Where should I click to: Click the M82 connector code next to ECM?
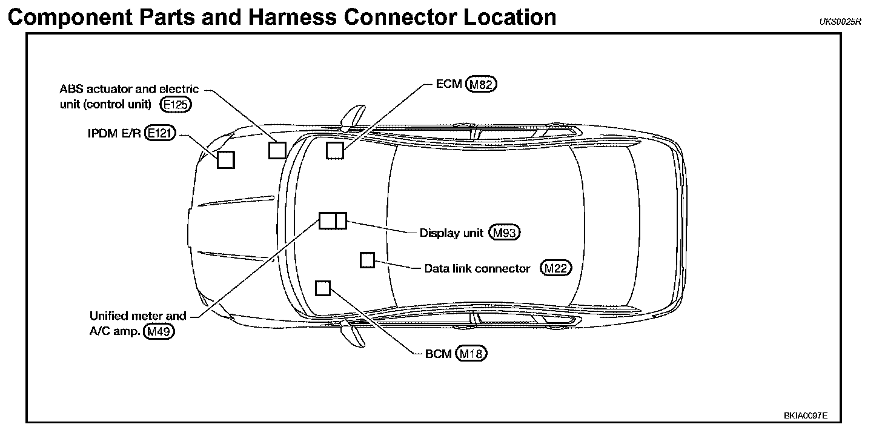click(482, 85)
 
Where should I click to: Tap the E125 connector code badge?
click(176, 104)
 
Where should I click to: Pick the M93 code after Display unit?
click(505, 233)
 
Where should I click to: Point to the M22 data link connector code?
click(556, 268)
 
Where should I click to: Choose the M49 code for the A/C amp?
click(159, 331)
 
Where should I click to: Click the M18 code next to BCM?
click(472, 354)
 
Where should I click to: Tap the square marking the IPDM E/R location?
click(226, 159)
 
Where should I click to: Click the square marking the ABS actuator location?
click(277, 150)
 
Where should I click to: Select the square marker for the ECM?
click(335, 150)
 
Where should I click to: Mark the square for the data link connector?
click(368, 260)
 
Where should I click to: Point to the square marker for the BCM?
click(323, 288)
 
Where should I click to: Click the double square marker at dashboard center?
click(333, 221)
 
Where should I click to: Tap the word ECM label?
click(449, 84)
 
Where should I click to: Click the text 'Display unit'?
click(451, 233)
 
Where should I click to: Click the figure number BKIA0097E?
click(805, 416)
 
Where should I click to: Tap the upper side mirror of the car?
click(353, 116)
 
